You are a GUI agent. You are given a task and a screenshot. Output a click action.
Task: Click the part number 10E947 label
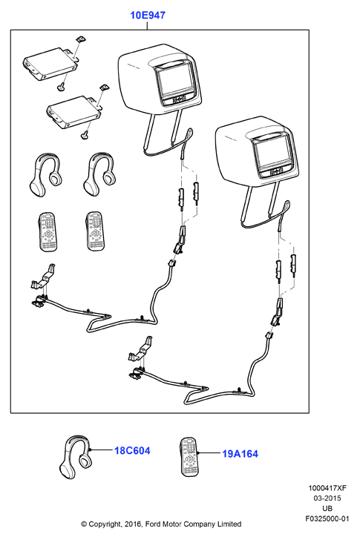[x=148, y=15]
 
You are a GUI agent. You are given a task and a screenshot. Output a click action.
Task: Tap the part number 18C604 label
[x=132, y=450]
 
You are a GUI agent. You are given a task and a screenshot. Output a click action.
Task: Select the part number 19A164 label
[x=240, y=453]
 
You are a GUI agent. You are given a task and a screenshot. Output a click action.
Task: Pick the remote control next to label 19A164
[x=189, y=457]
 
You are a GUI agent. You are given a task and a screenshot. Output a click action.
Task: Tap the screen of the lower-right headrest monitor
[x=269, y=153]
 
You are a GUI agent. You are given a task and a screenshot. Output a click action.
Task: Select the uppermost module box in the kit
[x=50, y=63]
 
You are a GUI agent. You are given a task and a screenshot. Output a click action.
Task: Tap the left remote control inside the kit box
[x=48, y=231]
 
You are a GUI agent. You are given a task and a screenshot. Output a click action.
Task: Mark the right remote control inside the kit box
[x=95, y=231]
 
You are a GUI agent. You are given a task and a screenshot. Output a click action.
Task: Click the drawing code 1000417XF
[x=327, y=487]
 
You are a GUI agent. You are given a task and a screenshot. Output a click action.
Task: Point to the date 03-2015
[x=327, y=498]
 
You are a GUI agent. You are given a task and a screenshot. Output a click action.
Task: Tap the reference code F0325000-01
[x=327, y=518]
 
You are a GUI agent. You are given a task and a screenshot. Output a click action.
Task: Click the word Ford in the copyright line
[x=153, y=524]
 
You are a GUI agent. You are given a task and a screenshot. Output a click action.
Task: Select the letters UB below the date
[x=327, y=508]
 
